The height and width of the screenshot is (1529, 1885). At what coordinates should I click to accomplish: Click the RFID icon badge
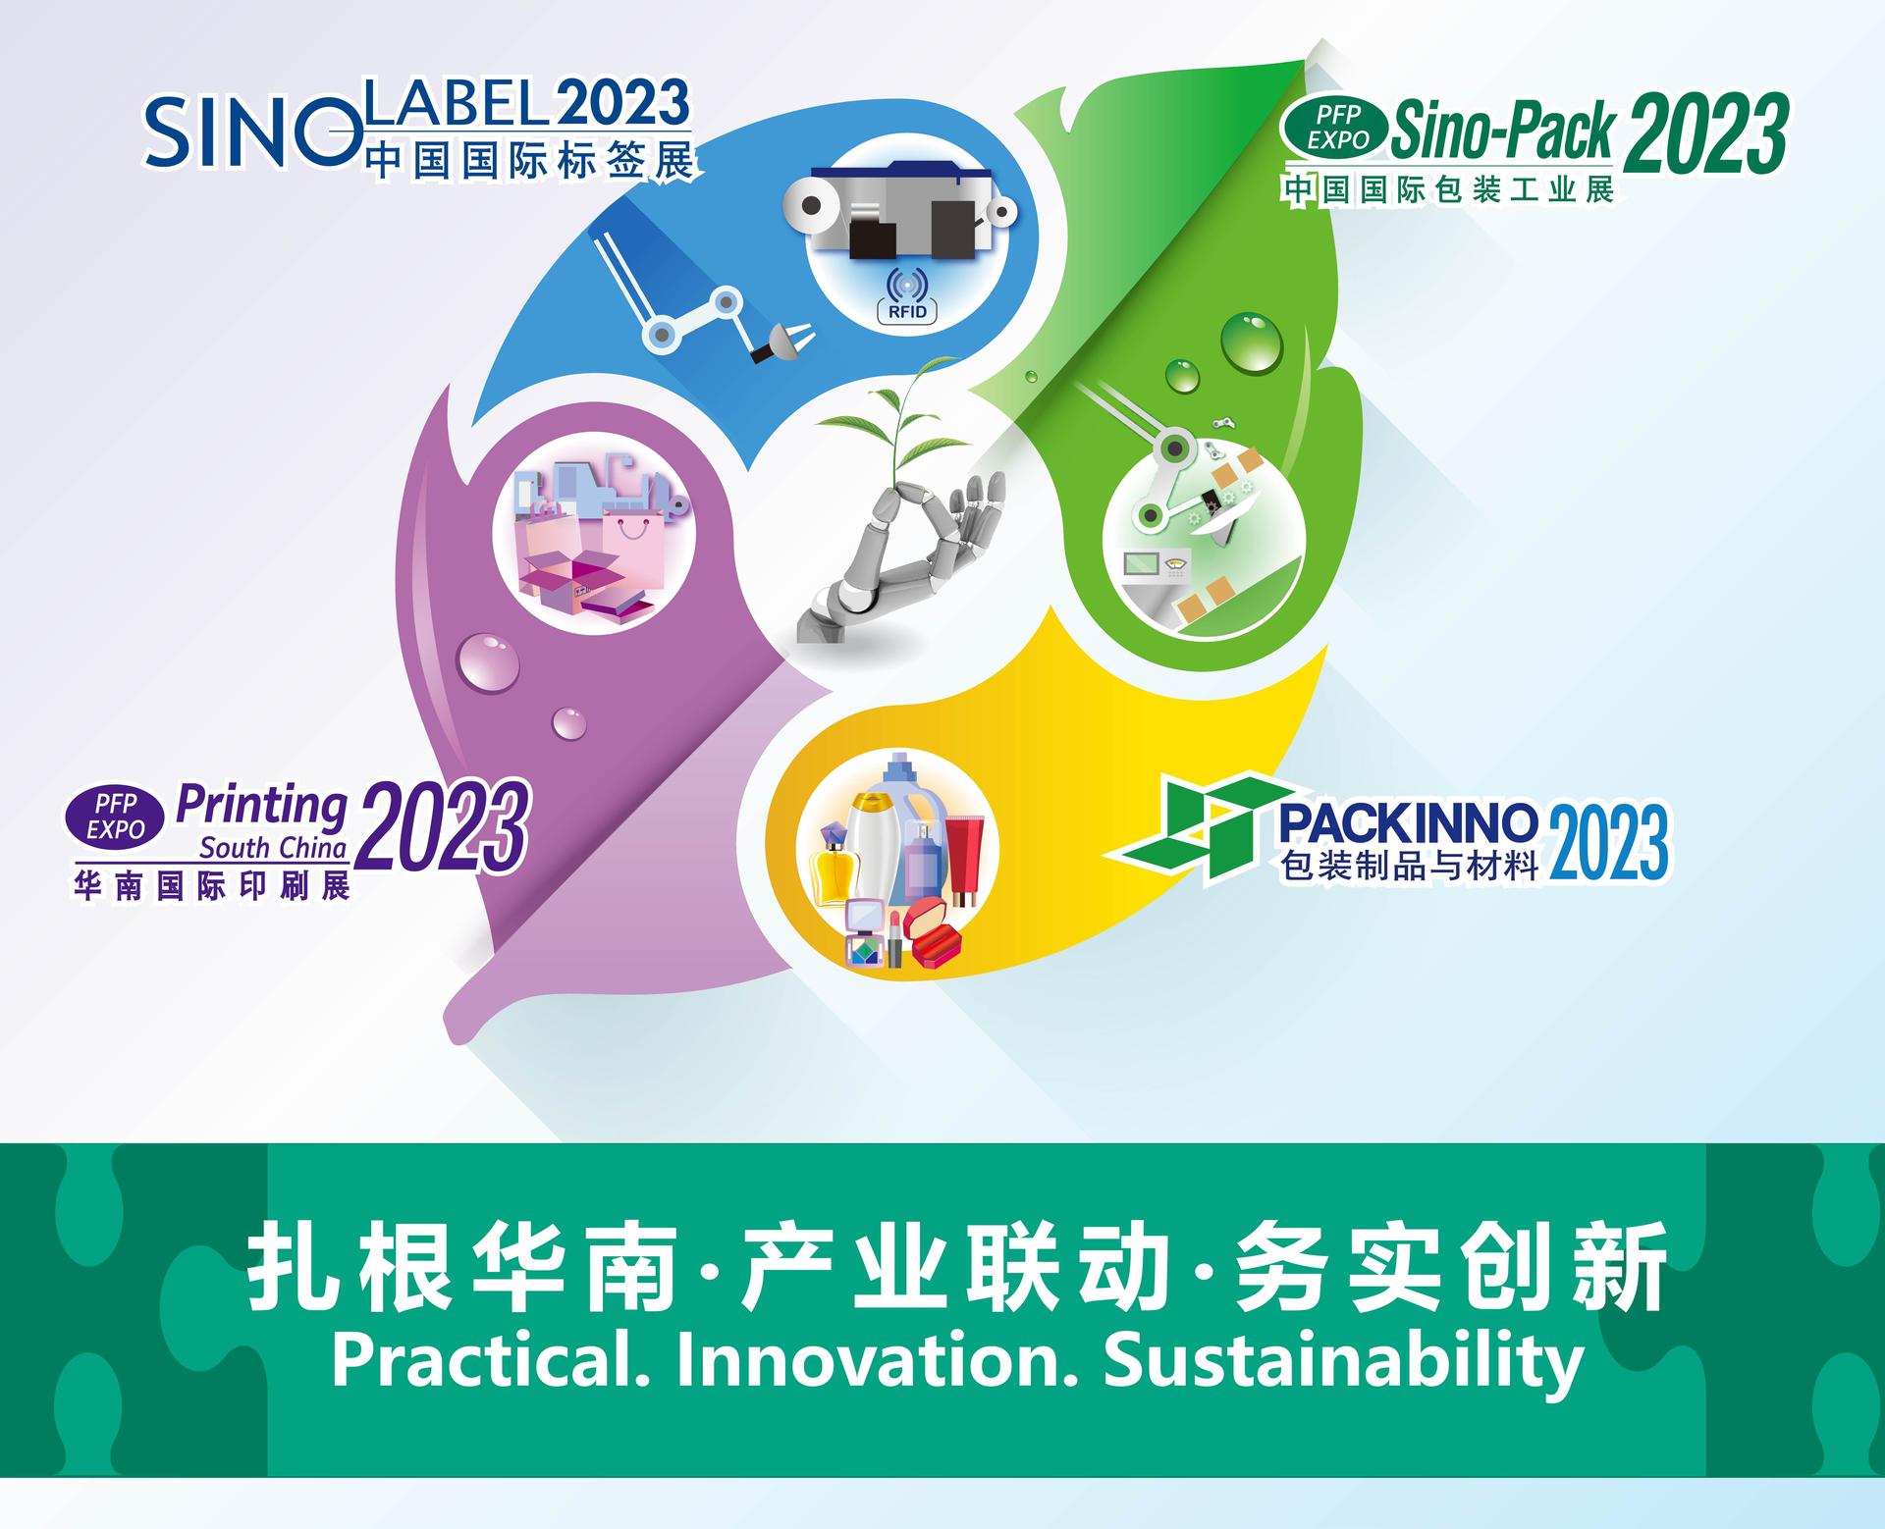pyautogui.click(x=906, y=294)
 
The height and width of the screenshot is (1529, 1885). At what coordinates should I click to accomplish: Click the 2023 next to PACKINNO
pyautogui.click(x=1607, y=841)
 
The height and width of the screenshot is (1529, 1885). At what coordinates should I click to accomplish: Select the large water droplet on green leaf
pyautogui.click(x=1252, y=342)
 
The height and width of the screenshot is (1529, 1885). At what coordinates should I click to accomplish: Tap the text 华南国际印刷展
pyautogui.click(x=212, y=886)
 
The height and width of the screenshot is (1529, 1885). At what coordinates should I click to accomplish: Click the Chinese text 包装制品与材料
pyautogui.click(x=1409, y=867)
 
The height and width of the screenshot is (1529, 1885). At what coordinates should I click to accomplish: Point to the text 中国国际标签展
pyautogui.click(x=531, y=158)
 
